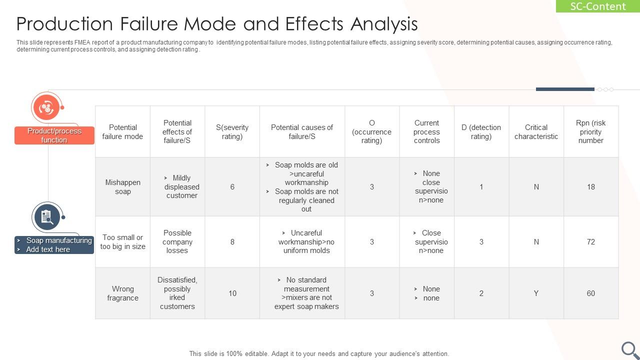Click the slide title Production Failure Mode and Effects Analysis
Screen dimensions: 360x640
click(x=217, y=24)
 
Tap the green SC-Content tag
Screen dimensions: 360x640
click(x=597, y=6)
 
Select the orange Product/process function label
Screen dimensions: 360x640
click(x=54, y=135)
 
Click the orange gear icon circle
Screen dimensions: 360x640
click(x=46, y=107)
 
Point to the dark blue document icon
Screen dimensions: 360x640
click(x=46, y=216)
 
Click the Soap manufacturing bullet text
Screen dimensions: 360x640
click(x=59, y=240)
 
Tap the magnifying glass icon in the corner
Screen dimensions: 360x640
click(x=630, y=349)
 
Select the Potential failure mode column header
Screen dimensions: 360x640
click(x=122, y=132)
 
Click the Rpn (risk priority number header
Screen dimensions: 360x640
click(x=590, y=132)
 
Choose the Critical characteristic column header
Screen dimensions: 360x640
click(x=536, y=132)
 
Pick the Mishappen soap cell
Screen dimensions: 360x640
click(x=122, y=187)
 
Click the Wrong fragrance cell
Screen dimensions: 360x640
click(x=122, y=293)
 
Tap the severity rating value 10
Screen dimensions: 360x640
click(x=232, y=293)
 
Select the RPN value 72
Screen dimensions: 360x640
click(x=590, y=242)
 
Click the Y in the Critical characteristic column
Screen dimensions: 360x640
click(x=536, y=293)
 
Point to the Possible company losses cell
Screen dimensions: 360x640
click(x=177, y=242)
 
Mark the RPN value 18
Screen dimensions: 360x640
click(x=590, y=187)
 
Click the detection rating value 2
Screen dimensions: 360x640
click(x=481, y=293)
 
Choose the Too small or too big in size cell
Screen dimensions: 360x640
click(x=122, y=242)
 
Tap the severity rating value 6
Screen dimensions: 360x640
click(x=232, y=187)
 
